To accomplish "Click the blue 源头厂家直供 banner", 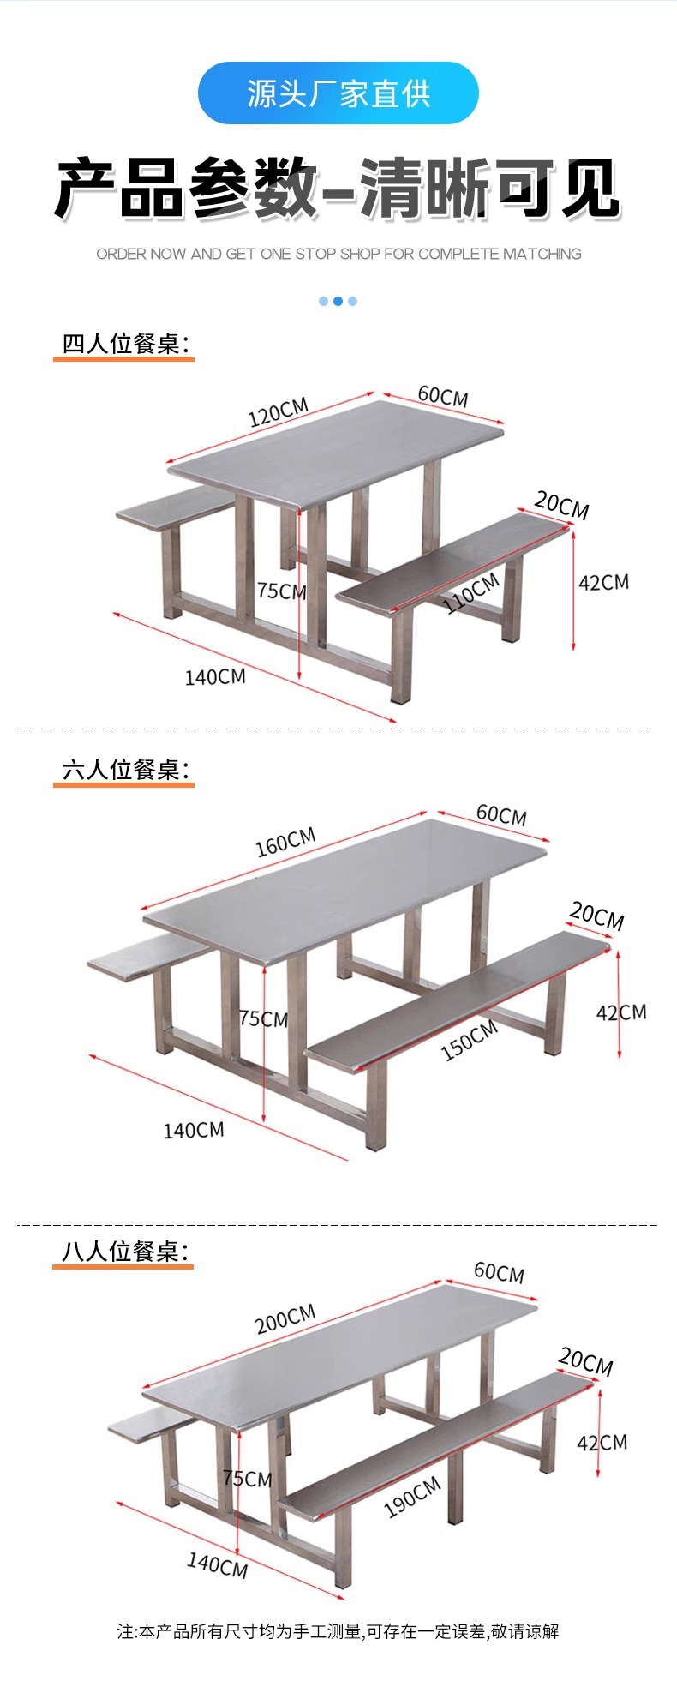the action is [x=338, y=93].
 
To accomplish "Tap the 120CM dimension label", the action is [x=278, y=412].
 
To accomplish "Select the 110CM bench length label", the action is [x=471, y=593].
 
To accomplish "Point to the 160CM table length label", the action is [x=285, y=842].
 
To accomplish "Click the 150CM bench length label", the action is [x=470, y=1041].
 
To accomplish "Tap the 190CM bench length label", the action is [x=413, y=1497].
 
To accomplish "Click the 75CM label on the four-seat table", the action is [x=281, y=591].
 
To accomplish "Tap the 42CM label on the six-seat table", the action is [x=621, y=1012].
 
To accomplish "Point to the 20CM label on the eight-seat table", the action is [x=586, y=1361].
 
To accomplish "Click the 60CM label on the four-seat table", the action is [x=443, y=396].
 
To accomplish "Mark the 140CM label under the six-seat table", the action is [x=194, y=1130].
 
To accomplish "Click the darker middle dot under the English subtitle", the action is [x=338, y=301].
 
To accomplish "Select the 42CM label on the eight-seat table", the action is [x=602, y=1443].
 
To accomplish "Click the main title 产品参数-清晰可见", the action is [x=338, y=189].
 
